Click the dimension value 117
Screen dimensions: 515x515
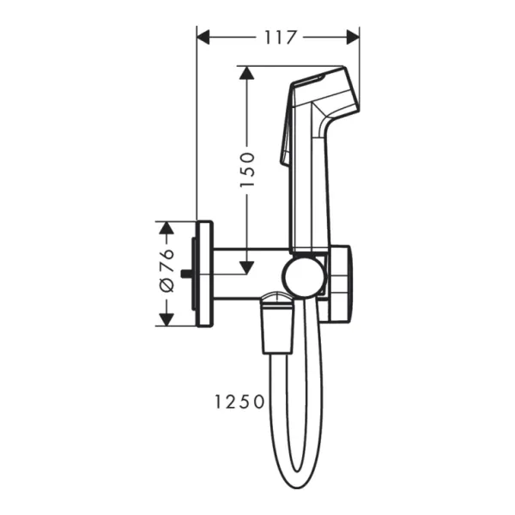(x=279, y=37)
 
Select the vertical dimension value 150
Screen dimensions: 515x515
(x=246, y=169)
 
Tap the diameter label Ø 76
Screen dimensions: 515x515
(x=167, y=273)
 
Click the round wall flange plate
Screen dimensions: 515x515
(x=204, y=274)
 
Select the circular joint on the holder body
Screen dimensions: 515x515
(x=305, y=276)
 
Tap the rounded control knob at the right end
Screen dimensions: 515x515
(x=341, y=283)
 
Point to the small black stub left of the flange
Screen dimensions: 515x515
(x=187, y=275)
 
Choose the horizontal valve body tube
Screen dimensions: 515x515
(x=249, y=274)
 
